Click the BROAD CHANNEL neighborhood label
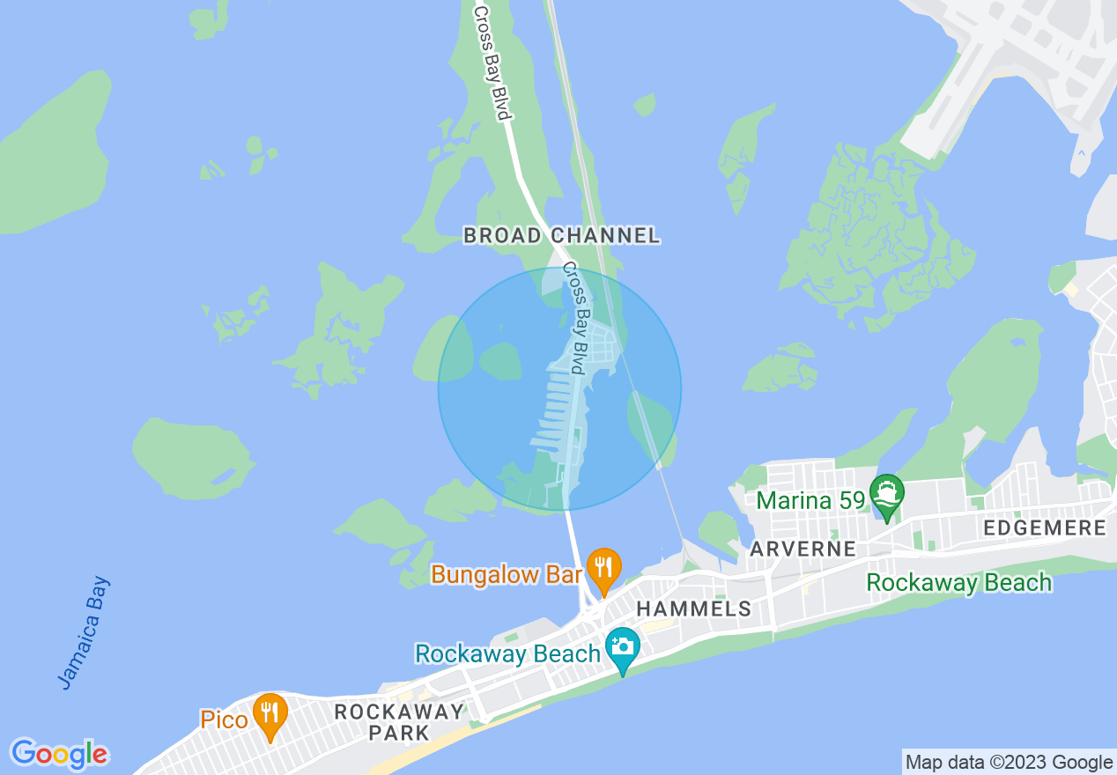(x=561, y=235)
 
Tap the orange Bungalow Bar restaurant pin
(x=603, y=568)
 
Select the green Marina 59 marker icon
(x=886, y=496)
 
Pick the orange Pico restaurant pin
(x=270, y=714)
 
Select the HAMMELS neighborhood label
(x=693, y=609)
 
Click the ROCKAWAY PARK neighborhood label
(x=399, y=721)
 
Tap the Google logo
(x=59, y=754)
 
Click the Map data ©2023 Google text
(x=1010, y=763)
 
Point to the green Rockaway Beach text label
(x=958, y=582)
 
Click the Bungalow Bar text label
(x=506, y=575)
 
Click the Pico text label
(x=224, y=720)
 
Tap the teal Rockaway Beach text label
(x=507, y=654)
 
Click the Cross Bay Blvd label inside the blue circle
(x=574, y=318)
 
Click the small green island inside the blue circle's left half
(x=500, y=361)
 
